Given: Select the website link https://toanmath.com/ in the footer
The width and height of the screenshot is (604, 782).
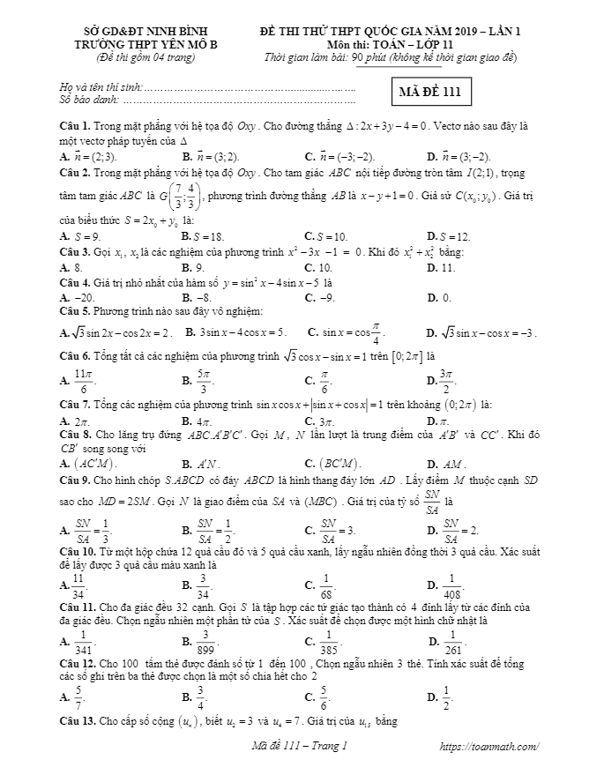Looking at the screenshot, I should pyautogui.click(x=489, y=747).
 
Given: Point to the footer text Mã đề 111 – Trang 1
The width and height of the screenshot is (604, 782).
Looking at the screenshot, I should pyautogui.click(x=295, y=747).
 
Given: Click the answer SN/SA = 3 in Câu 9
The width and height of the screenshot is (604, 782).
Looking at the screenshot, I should pyautogui.click(x=336, y=531).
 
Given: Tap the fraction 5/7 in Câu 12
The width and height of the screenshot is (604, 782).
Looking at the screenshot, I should pyautogui.click(x=78, y=695).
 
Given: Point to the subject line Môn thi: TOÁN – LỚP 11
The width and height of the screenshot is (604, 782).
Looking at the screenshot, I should pyautogui.click(x=391, y=44).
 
